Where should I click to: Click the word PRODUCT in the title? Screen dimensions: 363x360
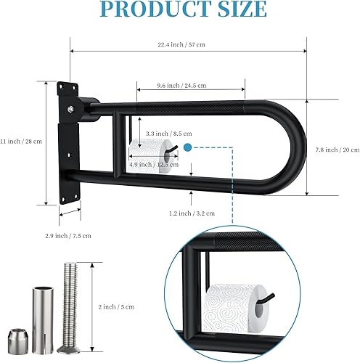tap(145, 9)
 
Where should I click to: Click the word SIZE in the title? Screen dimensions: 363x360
tap(237, 9)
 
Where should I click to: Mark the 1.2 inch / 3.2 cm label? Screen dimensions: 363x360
tap(189, 213)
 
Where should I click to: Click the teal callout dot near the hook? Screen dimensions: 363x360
tap(187, 147)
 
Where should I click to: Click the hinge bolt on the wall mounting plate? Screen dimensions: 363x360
tap(72, 110)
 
